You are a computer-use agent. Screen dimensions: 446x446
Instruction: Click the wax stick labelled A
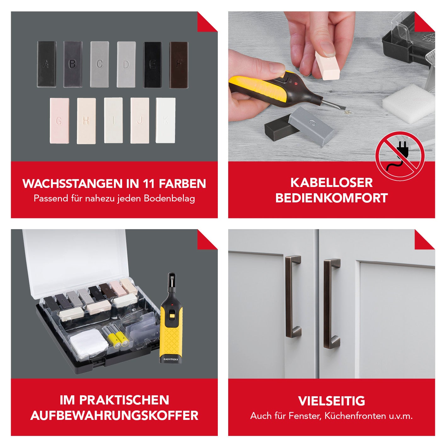coord(47,64)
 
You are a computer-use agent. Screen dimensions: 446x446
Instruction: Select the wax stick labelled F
coord(179,65)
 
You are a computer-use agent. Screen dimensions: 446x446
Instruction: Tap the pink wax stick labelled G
coord(59,121)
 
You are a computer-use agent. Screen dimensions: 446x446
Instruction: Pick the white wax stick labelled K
coord(166,120)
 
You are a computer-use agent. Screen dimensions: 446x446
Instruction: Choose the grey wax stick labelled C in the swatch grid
coord(99,64)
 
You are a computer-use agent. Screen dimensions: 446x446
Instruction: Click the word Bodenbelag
coord(169,198)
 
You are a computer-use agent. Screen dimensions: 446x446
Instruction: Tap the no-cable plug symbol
coord(400,156)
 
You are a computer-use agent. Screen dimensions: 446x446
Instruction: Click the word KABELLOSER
coord(331,183)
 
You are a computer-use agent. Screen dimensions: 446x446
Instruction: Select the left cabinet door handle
coord(293,297)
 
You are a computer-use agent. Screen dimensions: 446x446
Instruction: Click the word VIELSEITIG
coord(331,401)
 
